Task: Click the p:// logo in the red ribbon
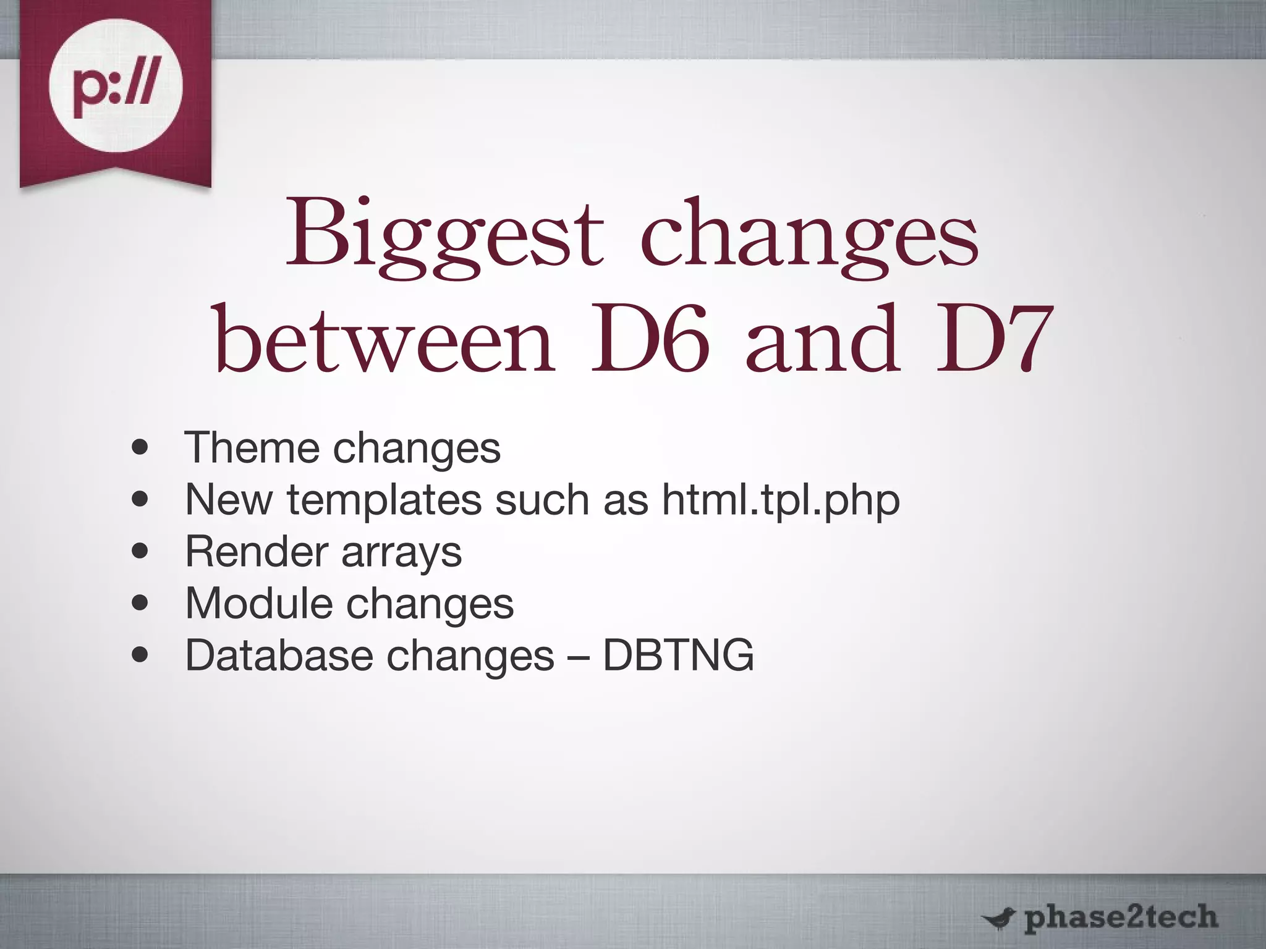tap(116, 93)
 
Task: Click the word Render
tap(256, 551)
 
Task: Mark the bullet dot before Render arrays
tap(140, 551)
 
